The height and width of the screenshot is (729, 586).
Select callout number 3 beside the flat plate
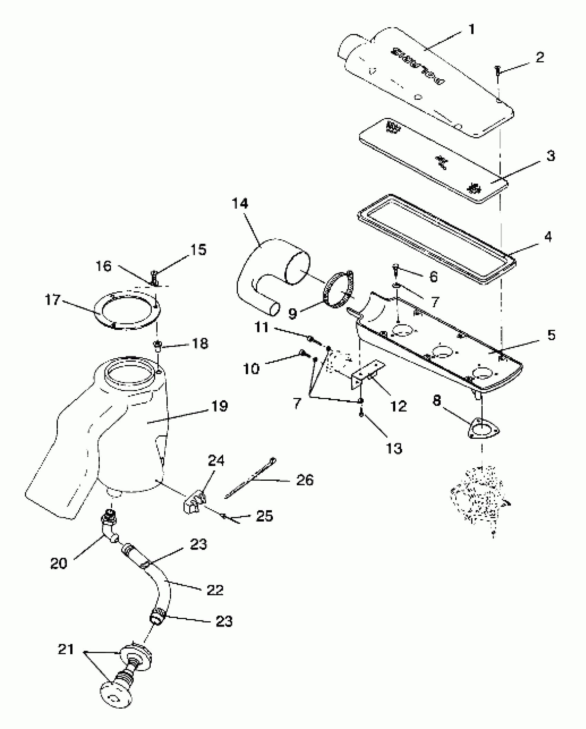click(x=550, y=156)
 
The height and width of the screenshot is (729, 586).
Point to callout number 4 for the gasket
click(x=548, y=237)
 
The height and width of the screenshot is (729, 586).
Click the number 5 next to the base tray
click(x=551, y=335)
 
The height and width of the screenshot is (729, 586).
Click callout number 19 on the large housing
click(x=220, y=406)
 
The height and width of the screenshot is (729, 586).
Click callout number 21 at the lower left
click(x=65, y=649)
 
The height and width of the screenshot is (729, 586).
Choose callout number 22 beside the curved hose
click(x=215, y=590)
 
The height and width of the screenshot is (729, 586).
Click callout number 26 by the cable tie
click(x=305, y=480)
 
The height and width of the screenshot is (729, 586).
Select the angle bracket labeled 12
click(x=367, y=374)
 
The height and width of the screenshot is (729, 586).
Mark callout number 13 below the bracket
click(x=394, y=448)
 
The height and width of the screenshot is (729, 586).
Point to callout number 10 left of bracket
click(x=251, y=369)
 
